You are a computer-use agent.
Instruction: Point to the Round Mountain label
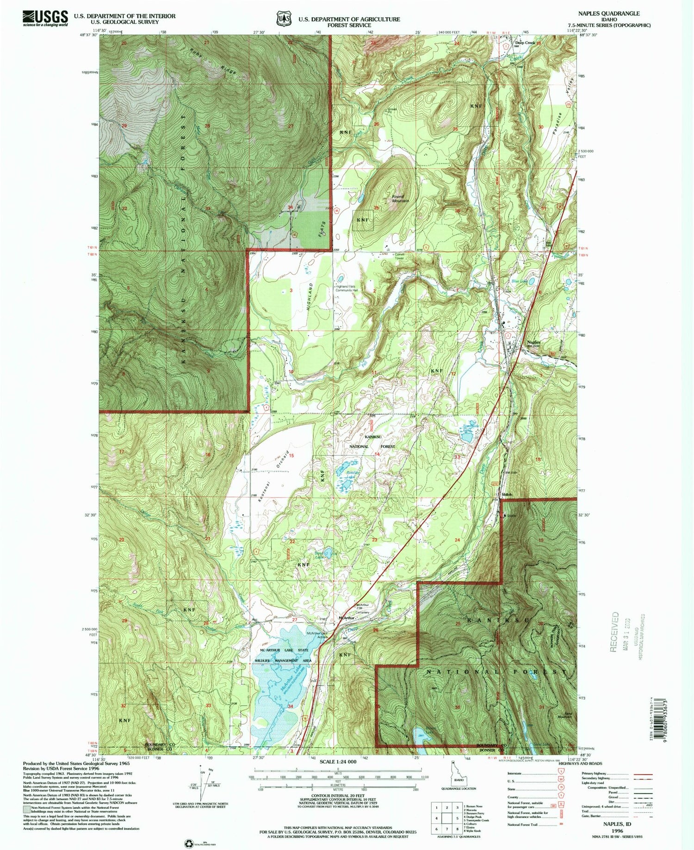[x=401, y=199]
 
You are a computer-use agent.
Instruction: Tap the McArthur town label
[x=347, y=618]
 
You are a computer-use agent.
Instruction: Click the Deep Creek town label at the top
[x=525, y=43]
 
